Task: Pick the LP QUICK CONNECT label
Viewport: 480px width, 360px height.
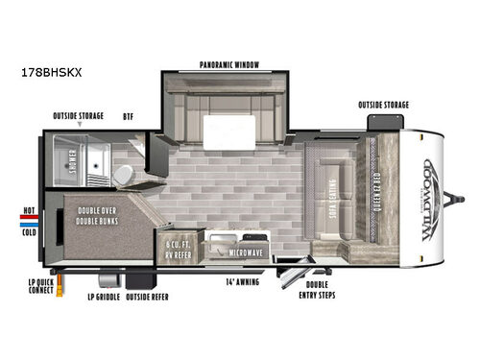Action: pos(39,290)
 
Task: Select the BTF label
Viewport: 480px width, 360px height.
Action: pos(128,116)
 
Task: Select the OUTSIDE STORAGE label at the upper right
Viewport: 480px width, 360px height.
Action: pos(385,105)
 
